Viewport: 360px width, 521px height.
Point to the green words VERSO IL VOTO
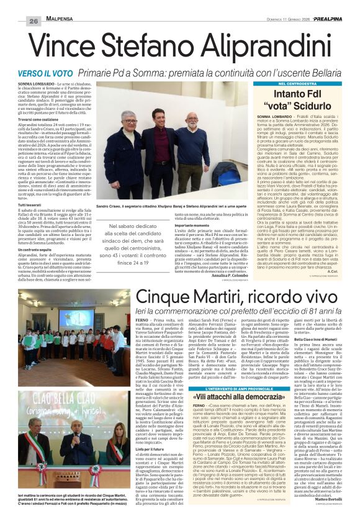60,73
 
